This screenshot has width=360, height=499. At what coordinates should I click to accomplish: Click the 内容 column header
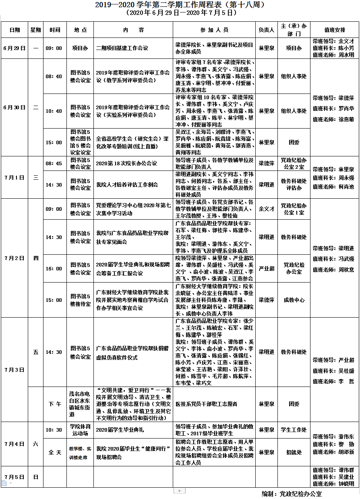coord(133,30)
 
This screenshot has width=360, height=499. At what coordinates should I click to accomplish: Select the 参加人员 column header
coord(214,30)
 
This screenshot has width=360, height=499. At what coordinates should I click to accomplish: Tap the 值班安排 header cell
coord(334,30)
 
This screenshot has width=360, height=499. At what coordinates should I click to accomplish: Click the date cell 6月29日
coord(14,48)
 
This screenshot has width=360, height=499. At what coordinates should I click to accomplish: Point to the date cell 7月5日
coord(14,477)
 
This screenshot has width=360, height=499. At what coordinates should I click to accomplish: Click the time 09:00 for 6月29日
coord(54,48)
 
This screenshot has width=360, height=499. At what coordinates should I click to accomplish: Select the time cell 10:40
coord(54,111)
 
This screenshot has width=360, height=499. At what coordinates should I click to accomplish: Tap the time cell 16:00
coord(54,268)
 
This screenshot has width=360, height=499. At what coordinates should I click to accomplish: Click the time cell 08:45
coord(54,163)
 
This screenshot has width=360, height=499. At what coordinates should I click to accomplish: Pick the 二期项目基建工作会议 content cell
coord(122,48)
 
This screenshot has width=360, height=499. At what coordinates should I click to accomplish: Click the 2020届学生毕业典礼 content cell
coord(120,430)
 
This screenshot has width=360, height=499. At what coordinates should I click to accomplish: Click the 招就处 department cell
coord(294,453)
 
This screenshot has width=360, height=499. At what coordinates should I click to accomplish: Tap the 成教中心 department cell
coord(294,300)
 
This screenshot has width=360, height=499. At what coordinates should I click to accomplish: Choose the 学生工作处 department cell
coord(294,430)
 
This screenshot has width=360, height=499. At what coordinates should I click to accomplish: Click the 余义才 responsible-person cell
coord(266,209)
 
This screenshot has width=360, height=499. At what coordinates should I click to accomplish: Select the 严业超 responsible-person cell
coord(266,268)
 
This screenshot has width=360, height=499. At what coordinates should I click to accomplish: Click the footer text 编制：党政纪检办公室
coord(292,494)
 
